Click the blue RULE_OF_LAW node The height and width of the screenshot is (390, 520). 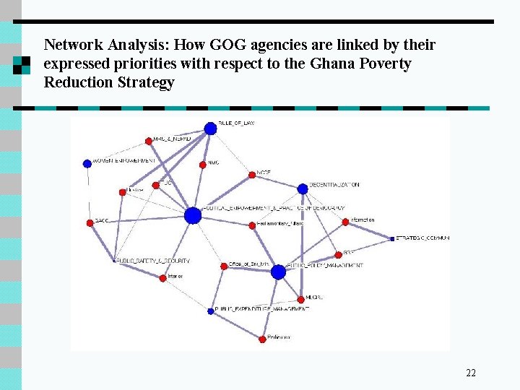point(210,129)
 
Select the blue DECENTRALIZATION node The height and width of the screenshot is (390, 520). point(303,189)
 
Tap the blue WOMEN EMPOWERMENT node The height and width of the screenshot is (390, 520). point(87,163)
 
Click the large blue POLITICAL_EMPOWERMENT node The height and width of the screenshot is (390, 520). point(193,215)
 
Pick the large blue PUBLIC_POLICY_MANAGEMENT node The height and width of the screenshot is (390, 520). point(279,272)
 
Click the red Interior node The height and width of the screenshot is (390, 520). point(162,278)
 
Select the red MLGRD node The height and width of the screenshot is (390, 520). point(301,299)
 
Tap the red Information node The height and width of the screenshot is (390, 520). point(345,222)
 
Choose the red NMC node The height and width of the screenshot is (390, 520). point(203,165)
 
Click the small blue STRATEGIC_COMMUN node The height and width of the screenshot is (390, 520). point(392,238)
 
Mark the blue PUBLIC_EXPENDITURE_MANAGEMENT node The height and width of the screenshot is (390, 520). point(211,311)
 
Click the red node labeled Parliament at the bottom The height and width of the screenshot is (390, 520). point(263,339)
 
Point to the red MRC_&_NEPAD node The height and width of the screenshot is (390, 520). point(148,140)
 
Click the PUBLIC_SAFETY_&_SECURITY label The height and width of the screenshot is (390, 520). point(152,261)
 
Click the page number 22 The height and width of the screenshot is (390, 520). point(471,373)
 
